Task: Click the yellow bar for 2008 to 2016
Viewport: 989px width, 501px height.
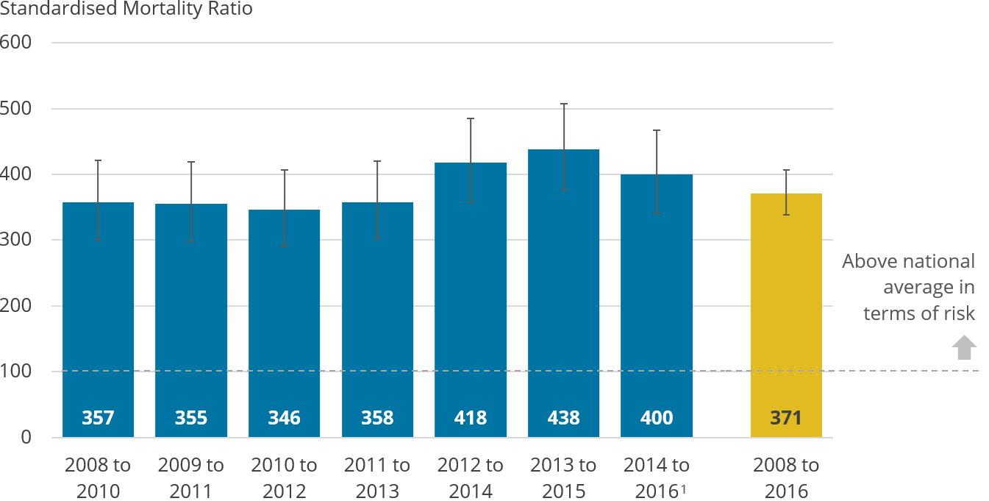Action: click(785, 316)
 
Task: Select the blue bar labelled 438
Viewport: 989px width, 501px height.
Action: click(563, 294)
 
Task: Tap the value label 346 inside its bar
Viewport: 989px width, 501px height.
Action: click(284, 418)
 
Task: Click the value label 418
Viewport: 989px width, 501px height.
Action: click(471, 418)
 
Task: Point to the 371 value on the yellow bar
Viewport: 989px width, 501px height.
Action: click(785, 418)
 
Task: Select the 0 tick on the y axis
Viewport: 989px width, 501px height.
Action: click(26, 437)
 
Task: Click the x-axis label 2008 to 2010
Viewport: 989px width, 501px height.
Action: click(98, 477)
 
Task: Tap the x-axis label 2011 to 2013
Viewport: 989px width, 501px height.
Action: click(377, 477)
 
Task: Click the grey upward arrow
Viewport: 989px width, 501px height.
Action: click(964, 347)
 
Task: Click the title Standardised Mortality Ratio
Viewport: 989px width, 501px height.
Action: click(126, 10)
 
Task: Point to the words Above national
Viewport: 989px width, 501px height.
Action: click(908, 261)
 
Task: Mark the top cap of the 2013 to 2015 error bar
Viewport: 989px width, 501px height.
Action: click(564, 104)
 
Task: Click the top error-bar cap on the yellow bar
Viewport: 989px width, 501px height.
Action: click(786, 170)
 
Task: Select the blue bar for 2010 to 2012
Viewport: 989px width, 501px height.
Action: click(284, 324)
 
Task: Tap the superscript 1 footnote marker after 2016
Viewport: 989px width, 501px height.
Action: click(685, 488)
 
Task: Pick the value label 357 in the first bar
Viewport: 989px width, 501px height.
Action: click(98, 418)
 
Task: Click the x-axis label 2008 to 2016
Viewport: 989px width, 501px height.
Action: click(785, 477)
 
